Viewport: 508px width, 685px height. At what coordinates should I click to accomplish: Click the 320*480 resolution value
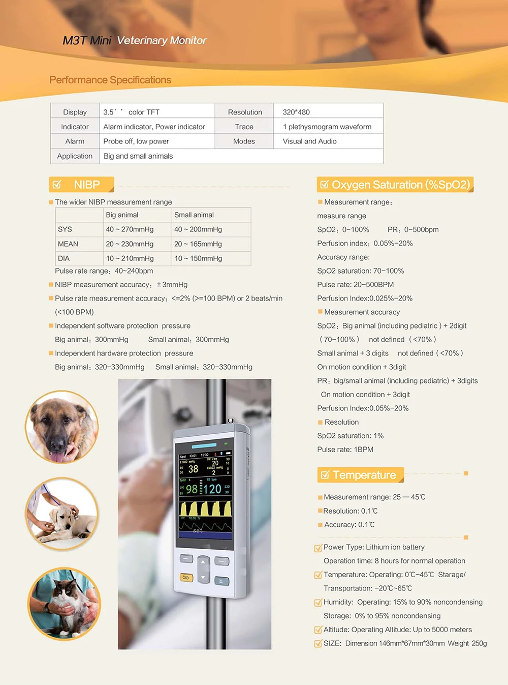pos(296,112)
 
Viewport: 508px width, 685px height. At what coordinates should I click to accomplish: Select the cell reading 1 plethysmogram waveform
pos(327,127)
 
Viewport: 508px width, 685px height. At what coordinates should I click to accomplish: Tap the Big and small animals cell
pos(138,156)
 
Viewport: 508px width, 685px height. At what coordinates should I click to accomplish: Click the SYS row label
pos(65,229)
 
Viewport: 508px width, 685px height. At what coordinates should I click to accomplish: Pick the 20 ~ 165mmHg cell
pos(198,244)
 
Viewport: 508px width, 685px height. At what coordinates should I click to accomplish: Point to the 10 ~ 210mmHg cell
pos(130,258)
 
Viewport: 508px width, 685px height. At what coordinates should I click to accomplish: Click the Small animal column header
pos(194,215)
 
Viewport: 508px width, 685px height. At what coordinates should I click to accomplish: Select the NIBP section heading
pos(86,185)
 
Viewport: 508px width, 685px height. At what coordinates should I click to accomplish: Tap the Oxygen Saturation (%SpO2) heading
pos(400,185)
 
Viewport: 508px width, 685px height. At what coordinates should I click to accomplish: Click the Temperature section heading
pos(364,475)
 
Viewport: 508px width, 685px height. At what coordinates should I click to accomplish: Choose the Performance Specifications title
pos(110,80)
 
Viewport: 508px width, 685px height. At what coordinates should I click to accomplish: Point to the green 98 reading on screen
pos(192,489)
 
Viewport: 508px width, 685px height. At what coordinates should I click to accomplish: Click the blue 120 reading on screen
pos(212,489)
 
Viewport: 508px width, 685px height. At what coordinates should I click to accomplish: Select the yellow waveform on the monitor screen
pos(205,508)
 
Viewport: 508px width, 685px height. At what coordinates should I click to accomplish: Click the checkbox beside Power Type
pos(318,548)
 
